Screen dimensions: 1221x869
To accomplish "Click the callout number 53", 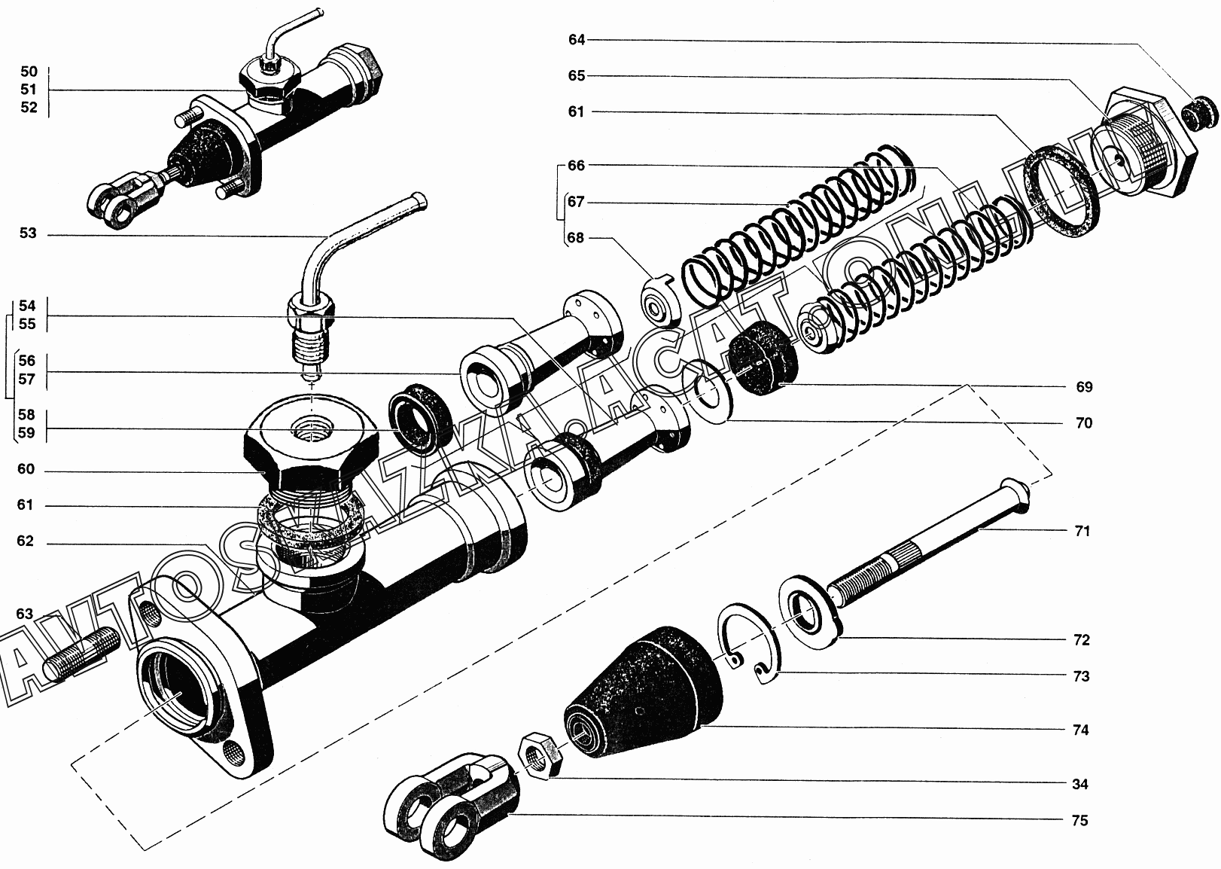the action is tap(28, 233).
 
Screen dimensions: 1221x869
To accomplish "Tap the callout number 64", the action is tap(577, 40).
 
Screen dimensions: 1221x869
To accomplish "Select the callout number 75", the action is tap(1079, 821).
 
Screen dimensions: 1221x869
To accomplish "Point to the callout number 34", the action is tap(1079, 784).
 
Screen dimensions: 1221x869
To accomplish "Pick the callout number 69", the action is tap(1084, 386).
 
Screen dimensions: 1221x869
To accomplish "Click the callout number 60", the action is tap(26, 469).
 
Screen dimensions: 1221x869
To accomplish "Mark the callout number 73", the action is tap(1081, 676).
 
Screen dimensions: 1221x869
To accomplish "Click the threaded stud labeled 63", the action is tap(81, 654).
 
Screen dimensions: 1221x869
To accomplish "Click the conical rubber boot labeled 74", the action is tap(642, 692).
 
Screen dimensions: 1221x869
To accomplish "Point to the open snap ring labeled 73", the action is tap(750, 642).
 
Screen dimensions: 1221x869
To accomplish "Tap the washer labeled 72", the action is tap(810, 611).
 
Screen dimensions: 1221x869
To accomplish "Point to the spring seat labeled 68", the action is tap(659, 303).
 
